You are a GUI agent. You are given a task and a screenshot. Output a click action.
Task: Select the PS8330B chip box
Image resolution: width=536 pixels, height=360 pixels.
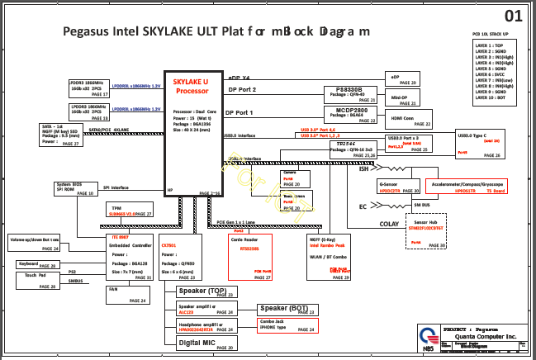coord(350,94)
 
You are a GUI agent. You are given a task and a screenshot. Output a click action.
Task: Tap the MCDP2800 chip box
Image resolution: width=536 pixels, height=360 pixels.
coord(350,115)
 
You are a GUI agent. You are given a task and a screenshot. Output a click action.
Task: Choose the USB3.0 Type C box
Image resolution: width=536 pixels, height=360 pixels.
coord(491,144)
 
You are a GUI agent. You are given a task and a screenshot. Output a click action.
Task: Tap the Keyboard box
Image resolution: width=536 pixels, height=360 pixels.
coord(37,264)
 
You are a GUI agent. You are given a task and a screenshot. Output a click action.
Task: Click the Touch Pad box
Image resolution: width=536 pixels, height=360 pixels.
coord(37,280)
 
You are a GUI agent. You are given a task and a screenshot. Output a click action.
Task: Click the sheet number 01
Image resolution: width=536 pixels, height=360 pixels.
coord(514,16)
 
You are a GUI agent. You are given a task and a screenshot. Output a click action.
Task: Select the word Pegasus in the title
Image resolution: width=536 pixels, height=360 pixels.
coord(89,31)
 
